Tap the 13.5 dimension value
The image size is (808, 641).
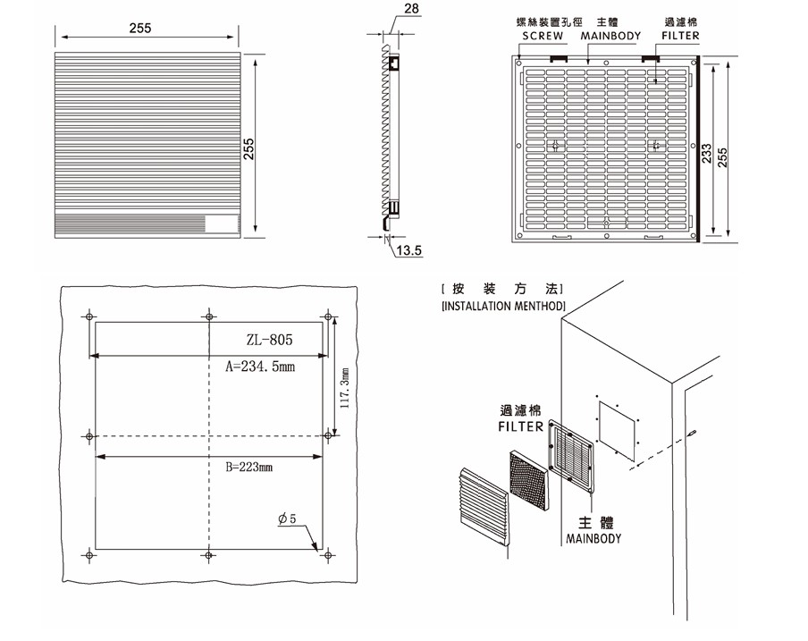click(408, 251)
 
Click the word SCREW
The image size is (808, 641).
click(543, 37)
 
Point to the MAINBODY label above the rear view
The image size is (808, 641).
click(610, 37)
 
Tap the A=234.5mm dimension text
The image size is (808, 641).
click(259, 366)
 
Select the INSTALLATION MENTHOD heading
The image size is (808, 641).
click(503, 306)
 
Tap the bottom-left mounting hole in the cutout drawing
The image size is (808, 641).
click(89, 555)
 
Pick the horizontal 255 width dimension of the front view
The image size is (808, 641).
click(139, 29)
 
